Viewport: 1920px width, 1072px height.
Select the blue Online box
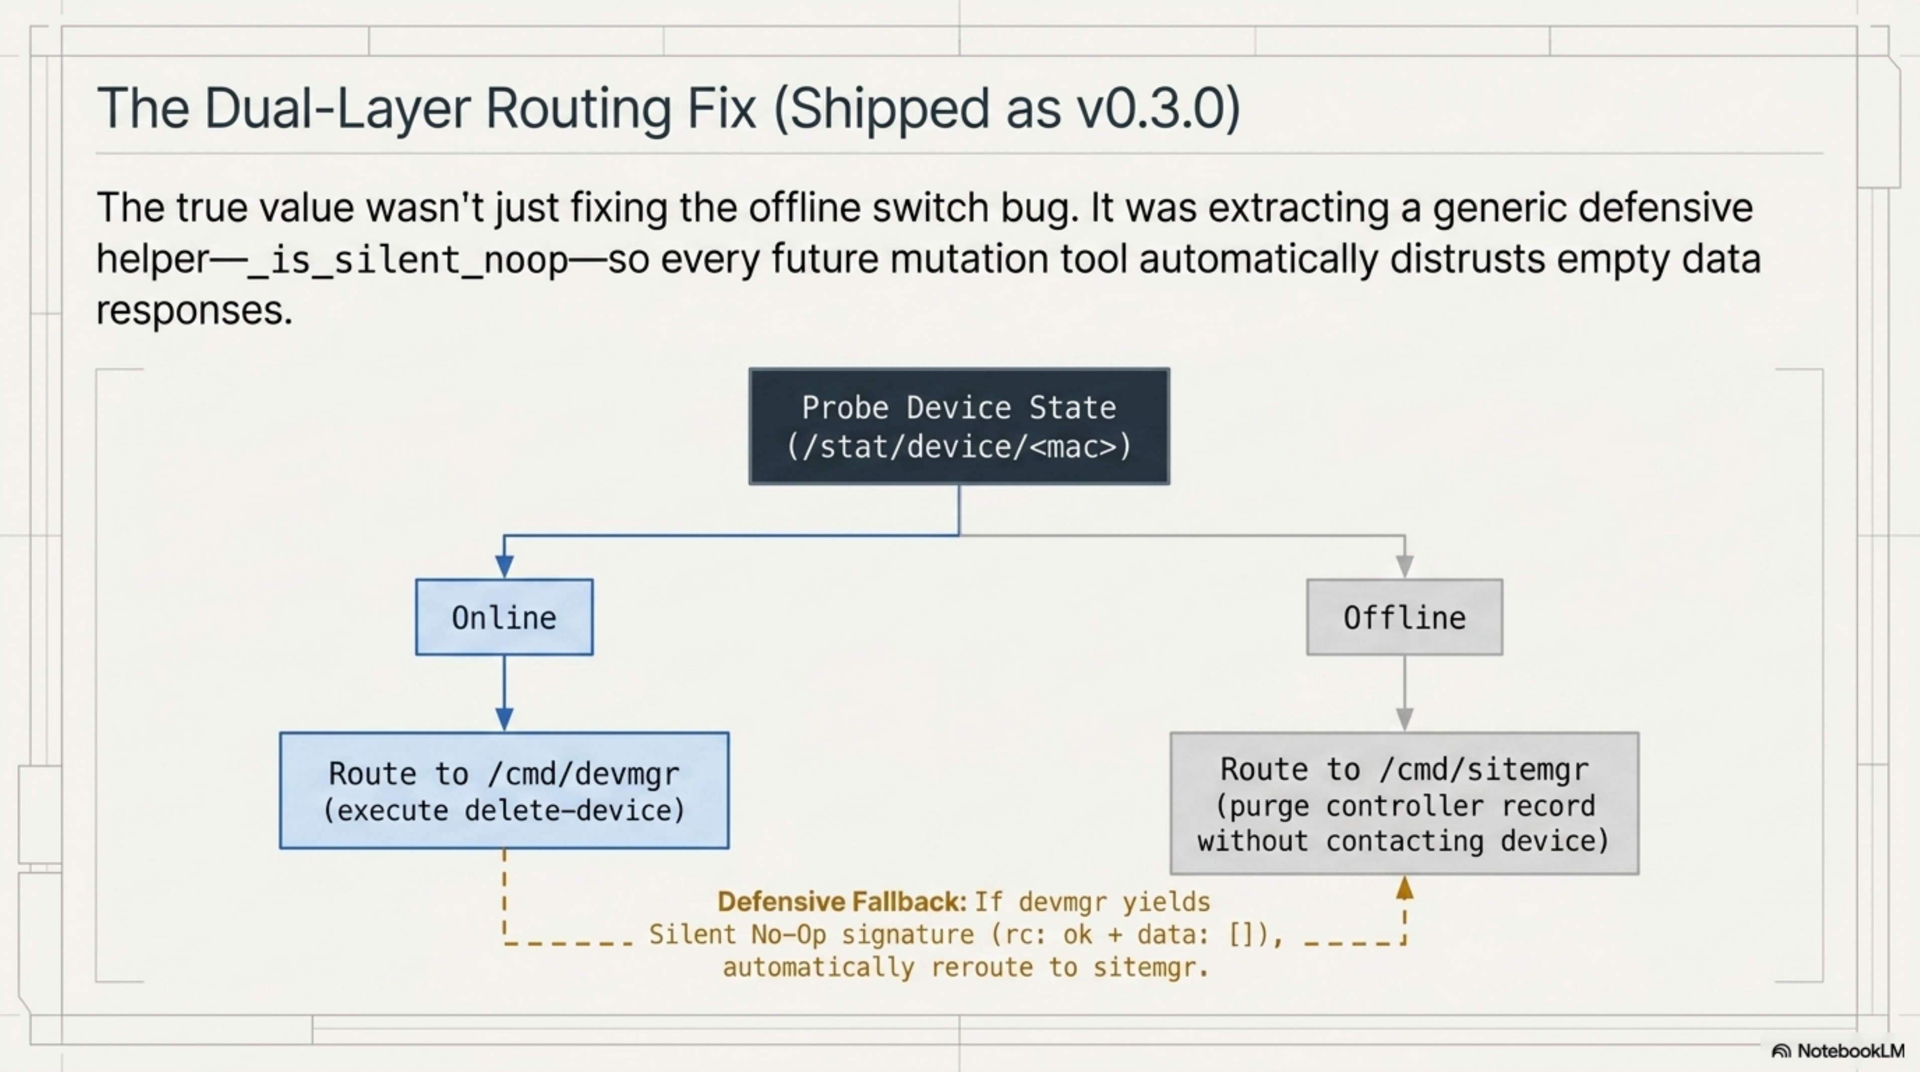(x=504, y=617)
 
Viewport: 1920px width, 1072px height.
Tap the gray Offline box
(x=1404, y=617)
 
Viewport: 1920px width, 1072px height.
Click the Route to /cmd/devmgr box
(x=504, y=790)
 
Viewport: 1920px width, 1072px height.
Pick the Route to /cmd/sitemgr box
(x=1404, y=804)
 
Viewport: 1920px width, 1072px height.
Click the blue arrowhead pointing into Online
(x=504, y=567)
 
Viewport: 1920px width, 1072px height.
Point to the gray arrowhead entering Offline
(x=1404, y=567)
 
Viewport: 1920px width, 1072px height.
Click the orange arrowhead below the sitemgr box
(x=1404, y=888)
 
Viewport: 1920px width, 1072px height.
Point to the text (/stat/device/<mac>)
(x=959, y=447)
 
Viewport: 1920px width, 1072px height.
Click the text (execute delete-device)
(x=504, y=810)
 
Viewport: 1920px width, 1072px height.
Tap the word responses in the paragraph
(x=194, y=310)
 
